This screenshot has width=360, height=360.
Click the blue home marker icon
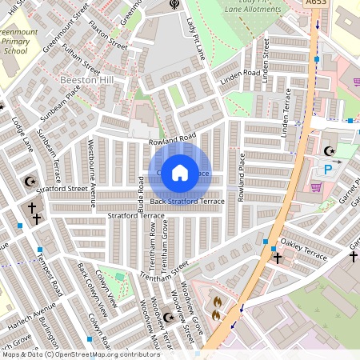tap(180, 173)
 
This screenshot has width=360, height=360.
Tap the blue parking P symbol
tap(328, 169)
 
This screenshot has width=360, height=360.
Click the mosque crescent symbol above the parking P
tap(327, 150)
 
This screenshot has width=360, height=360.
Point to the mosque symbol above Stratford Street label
tap(30, 182)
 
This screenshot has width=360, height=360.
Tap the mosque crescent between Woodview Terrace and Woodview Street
tap(168, 317)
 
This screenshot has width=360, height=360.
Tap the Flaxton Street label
tap(108, 37)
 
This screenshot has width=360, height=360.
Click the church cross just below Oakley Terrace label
tap(277, 258)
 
